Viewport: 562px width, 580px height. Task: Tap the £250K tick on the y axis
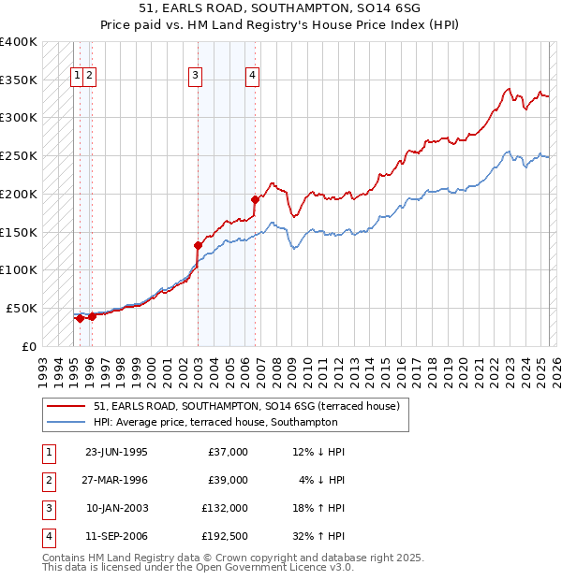coord(19,156)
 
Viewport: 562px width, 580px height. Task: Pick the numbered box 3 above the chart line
coord(195,77)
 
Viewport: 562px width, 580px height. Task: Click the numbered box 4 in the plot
coord(253,77)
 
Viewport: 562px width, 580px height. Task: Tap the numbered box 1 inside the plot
coord(75,77)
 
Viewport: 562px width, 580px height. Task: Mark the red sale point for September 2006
coord(255,199)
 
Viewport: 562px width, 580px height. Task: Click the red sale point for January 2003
coord(198,245)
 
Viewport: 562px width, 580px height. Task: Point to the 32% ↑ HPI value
coord(318,536)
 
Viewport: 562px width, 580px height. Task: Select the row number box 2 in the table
coord(48,480)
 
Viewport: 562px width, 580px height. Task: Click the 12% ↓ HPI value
coord(318,452)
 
